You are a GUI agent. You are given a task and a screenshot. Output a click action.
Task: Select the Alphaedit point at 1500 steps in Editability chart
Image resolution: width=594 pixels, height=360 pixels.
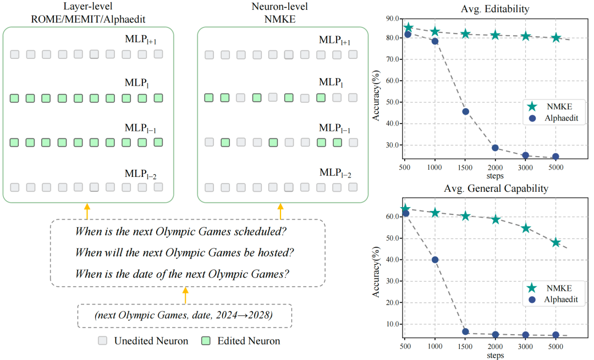pos(465,112)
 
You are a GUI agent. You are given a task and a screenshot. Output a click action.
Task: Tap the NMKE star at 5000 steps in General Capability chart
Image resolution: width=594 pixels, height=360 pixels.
pos(555,242)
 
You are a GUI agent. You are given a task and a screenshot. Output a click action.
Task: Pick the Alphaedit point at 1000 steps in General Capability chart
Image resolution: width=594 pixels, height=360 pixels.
pos(435,259)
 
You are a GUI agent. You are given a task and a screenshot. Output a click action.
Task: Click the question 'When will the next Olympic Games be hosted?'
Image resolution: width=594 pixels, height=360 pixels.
pos(184,253)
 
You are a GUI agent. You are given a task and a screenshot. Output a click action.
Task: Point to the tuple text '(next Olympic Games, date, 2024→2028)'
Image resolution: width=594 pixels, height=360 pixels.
pos(184,316)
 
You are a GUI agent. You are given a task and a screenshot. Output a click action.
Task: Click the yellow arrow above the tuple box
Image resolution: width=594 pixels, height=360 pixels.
pos(185,295)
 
